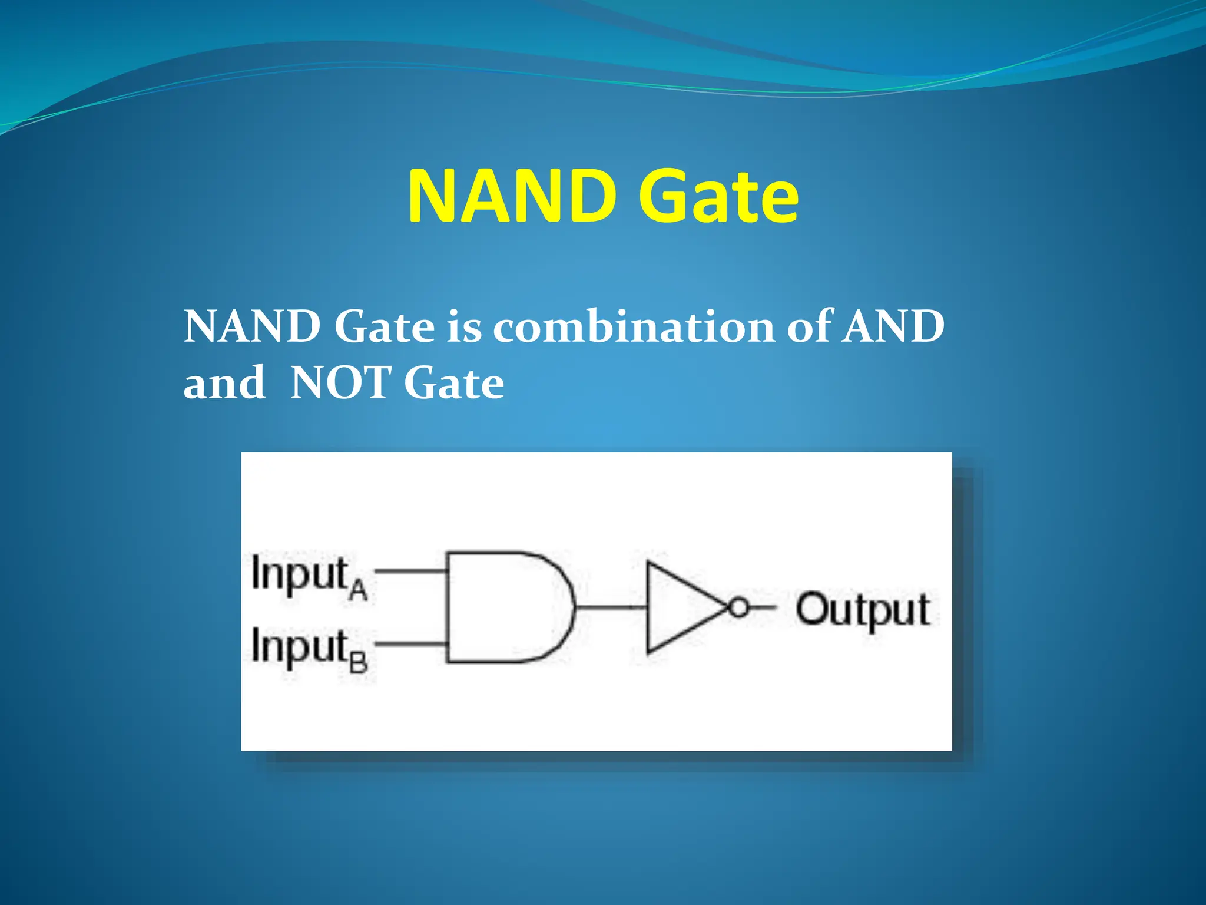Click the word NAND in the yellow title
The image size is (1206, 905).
511,196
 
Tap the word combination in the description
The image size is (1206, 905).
633,327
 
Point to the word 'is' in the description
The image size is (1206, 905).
463,327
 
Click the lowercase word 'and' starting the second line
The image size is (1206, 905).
224,383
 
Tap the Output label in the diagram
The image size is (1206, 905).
863,610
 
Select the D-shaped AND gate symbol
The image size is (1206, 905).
506,607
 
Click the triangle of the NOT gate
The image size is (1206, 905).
677,607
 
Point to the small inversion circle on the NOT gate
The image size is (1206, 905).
738,607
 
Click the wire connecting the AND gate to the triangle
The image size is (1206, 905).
611,607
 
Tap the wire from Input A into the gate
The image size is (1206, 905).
410,570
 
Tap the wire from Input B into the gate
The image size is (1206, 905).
410,644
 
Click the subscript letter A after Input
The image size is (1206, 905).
357,589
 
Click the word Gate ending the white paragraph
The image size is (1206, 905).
454,383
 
